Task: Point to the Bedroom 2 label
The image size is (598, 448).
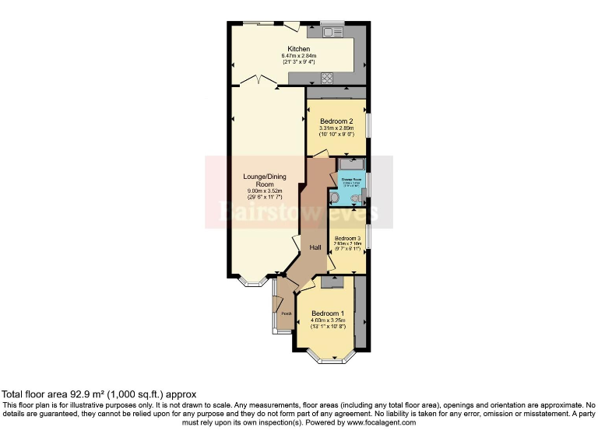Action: [337, 121]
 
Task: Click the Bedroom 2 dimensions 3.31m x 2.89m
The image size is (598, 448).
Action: [337, 128]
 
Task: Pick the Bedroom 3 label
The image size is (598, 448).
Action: [348, 238]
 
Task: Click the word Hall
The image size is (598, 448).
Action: [315, 247]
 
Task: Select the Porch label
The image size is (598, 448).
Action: [286, 313]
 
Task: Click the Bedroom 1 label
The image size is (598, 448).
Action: [327, 313]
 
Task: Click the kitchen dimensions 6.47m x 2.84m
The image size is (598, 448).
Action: [298, 56]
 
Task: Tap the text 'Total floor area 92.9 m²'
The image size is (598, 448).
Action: [55, 394]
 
